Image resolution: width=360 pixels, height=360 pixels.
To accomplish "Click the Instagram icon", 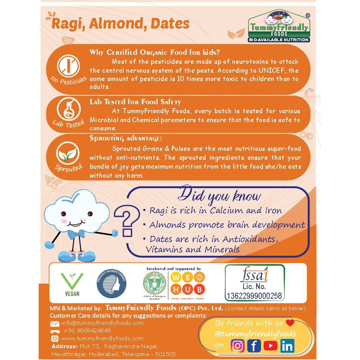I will coord(238,346).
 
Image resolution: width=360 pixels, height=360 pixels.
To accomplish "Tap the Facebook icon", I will coord(254,346).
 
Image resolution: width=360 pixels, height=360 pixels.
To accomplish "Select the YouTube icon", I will coord(270,346).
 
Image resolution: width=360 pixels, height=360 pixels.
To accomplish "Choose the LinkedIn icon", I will coord(287,346).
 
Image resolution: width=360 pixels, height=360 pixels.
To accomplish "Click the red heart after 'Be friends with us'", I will coord(290,323).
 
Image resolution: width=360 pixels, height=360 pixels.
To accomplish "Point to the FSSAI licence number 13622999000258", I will coord(254,296).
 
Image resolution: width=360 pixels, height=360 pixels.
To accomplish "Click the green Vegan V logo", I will coord(72,282).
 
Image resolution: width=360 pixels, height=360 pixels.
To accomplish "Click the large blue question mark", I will coord(128,223).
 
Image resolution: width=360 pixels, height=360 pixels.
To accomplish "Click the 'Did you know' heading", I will coord(220,196).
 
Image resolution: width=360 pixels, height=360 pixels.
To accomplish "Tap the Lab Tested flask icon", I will coord(68,109).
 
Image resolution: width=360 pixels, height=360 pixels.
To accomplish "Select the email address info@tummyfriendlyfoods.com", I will coord(102,323).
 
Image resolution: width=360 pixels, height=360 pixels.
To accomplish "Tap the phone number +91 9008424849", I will coord(87,330).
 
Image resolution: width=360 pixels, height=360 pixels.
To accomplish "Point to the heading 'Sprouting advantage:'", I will coord(126,138).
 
